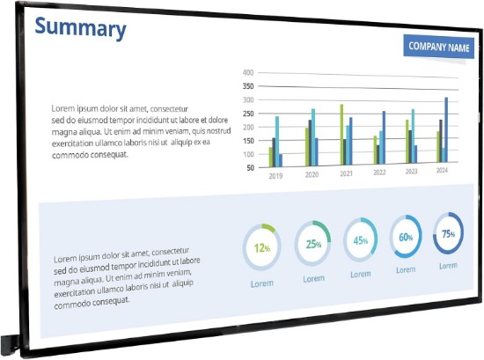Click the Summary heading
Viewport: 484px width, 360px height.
click(x=81, y=28)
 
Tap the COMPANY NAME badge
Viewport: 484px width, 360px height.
click(x=438, y=47)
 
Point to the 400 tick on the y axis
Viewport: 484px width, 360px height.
click(x=248, y=72)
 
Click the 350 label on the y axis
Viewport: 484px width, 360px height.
click(x=248, y=86)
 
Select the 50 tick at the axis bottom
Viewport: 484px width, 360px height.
click(x=250, y=168)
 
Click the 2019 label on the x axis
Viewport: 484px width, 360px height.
click(x=275, y=176)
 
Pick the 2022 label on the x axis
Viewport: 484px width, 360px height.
click(x=379, y=173)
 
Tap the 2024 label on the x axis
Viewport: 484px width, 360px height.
click(x=442, y=170)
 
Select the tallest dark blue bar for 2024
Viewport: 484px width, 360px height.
click(x=446, y=129)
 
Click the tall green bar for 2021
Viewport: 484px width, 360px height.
click(x=341, y=135)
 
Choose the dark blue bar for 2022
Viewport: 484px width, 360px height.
click(x=384, y=137)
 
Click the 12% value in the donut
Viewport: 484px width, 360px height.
click(x=262, y=247)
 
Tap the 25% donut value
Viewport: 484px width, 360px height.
click(x=313, y=244)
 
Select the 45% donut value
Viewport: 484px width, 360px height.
click(x=361, y=240)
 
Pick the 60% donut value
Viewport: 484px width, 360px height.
click(x=406, y=237)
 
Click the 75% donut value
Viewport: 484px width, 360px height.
click(x=448, y=234)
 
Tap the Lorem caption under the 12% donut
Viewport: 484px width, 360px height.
click(x=261, y=283)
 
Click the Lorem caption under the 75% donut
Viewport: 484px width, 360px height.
click(x=448, y=266)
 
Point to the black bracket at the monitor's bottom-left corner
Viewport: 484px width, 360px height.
click(x=10, y=344)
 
